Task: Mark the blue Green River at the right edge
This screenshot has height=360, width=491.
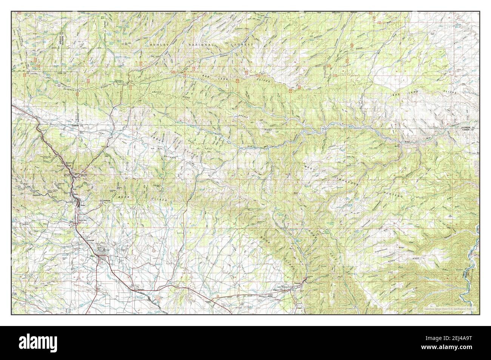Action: coord(474,253)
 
